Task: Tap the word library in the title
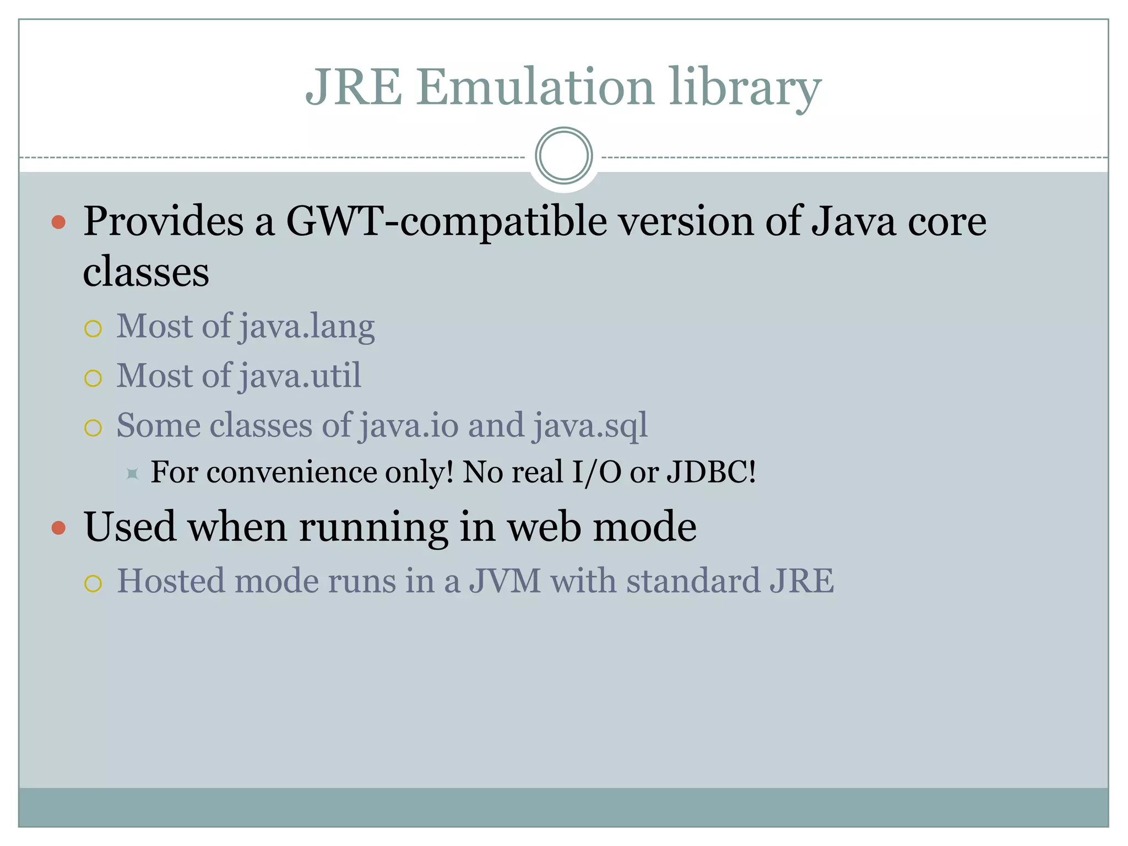[x=745, y=88]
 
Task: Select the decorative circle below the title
[x=563, y=156]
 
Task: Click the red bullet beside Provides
[x=58, y=223]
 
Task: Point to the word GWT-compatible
[x=447, y=222]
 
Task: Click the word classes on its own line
[x=146, y=272]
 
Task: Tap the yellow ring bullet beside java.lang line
[x=93, y=329]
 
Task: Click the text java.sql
[x=590, y=426]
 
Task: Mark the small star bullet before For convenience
[x=132, y=473]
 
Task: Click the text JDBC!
[x=711, y=472]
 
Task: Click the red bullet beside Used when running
[x=58, y=528]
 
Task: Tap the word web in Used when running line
[x=544, y=527]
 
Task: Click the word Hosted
[x=171, y=581]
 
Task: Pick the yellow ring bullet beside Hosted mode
[x=93, y=583]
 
